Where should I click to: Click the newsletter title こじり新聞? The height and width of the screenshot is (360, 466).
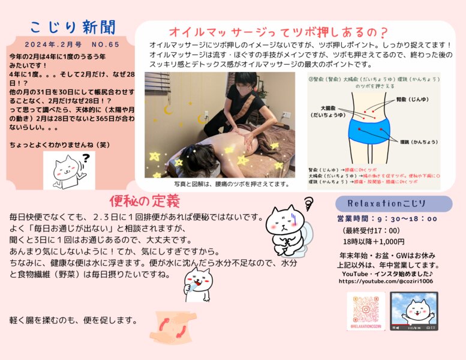72,28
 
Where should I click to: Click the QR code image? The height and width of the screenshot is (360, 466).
365,310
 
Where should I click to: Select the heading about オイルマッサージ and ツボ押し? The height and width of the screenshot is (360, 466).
278,31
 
